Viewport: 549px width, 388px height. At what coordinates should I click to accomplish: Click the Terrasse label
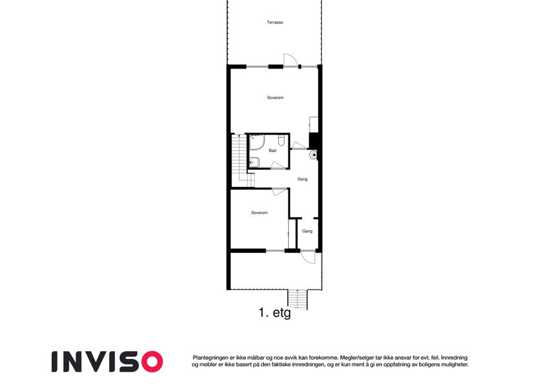point(275,23)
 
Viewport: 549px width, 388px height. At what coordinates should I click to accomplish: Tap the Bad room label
point(272,151)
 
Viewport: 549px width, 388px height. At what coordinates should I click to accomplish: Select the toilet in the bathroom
point(281,140)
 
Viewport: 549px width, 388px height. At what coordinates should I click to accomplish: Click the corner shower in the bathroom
point(257,142)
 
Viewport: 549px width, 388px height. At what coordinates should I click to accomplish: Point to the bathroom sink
point(255,162)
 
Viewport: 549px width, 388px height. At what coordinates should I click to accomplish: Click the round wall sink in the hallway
point(314,155)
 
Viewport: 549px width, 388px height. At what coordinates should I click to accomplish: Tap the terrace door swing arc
point(290,59)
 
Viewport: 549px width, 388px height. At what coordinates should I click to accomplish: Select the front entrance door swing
point(308,257)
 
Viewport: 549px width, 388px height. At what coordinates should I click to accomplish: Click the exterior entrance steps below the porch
point(297,300)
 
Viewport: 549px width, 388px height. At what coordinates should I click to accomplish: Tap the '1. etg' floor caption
point(275,312)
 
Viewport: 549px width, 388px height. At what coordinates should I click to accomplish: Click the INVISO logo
point(107,361)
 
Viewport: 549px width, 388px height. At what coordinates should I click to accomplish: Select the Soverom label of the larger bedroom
point(275,98)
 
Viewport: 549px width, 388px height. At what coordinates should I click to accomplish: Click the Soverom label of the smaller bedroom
point(259,213)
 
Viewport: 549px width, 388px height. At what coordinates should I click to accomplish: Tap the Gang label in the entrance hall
point(307,231)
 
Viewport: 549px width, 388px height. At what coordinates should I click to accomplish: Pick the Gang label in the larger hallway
point(303,179)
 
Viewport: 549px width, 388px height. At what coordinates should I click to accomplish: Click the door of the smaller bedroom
point(280,192)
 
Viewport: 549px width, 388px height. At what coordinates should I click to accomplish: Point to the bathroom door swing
point(279,166)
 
